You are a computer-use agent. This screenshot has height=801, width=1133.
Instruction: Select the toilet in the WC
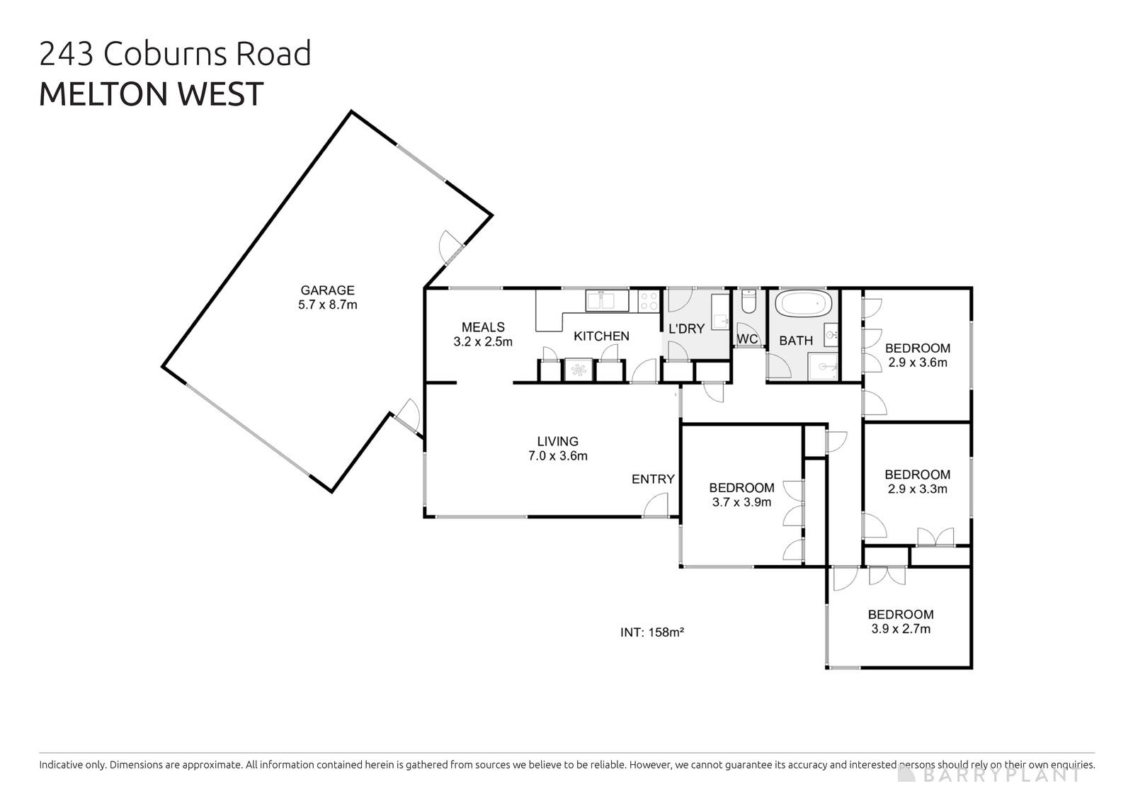[748, 304]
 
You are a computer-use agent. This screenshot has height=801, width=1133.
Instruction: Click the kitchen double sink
[607, 300]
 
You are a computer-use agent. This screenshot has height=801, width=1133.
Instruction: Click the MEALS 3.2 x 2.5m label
[483, 334]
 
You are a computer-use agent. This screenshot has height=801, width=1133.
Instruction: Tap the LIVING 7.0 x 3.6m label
[557, 448]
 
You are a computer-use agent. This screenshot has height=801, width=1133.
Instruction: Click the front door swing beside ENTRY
[657, 504]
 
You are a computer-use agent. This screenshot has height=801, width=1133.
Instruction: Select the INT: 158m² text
[651, 632]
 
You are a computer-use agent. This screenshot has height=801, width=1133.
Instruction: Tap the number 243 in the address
[68, 54]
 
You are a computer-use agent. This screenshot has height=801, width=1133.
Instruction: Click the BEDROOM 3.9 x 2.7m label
[901, 621]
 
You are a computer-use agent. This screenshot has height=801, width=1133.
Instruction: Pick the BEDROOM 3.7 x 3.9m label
[741, 494]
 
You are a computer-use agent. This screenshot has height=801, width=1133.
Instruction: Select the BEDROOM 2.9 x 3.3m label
[917, 482]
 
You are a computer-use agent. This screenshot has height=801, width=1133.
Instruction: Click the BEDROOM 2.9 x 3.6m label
[917, 355]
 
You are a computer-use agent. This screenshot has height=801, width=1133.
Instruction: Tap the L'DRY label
[686, 329]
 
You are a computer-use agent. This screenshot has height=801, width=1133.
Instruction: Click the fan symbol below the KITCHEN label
[579, 370]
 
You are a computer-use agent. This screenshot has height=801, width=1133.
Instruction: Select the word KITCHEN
[601, 336]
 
